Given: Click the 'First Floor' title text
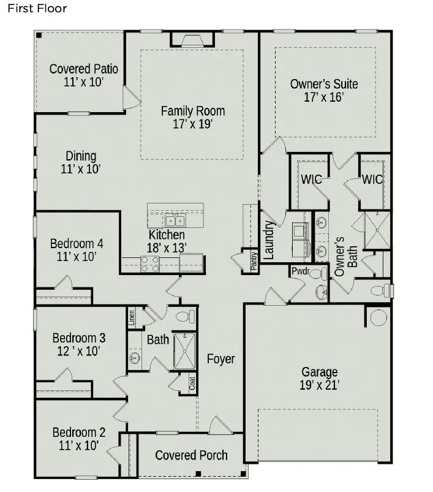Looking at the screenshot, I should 37,9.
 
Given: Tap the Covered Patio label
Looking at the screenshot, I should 83,69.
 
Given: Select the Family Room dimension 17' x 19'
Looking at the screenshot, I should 192,124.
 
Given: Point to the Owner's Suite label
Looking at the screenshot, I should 323,84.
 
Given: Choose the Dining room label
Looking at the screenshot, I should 81,156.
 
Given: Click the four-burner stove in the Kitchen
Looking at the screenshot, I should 150,263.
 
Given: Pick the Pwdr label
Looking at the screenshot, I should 299,270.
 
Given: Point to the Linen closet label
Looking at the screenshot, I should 132,317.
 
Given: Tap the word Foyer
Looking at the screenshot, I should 220,359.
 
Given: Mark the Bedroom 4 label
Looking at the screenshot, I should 77,243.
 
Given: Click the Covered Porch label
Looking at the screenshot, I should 191,455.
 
